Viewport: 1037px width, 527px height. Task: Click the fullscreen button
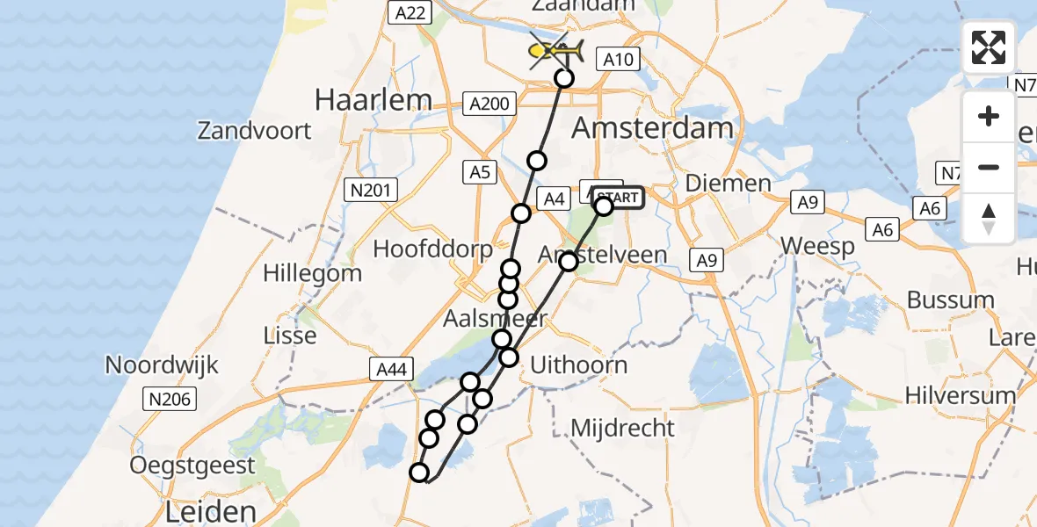tap(989, 47)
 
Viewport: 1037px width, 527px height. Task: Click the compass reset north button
tap(989, 219)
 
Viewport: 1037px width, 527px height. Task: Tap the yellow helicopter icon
tap(555, 51)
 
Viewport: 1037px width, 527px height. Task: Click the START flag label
tap(619, 198)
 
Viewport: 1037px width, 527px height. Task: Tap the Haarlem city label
tap(373, 99)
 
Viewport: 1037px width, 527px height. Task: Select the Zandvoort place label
tap(254, 131)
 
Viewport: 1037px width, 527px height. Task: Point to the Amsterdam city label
tap(652, 128)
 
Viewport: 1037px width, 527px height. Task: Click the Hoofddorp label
tap(433, 249)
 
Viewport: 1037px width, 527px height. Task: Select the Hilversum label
tap(961, 395)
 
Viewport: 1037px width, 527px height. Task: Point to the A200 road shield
tap(489, 105)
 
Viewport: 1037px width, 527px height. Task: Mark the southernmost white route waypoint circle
tap(419, 473)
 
